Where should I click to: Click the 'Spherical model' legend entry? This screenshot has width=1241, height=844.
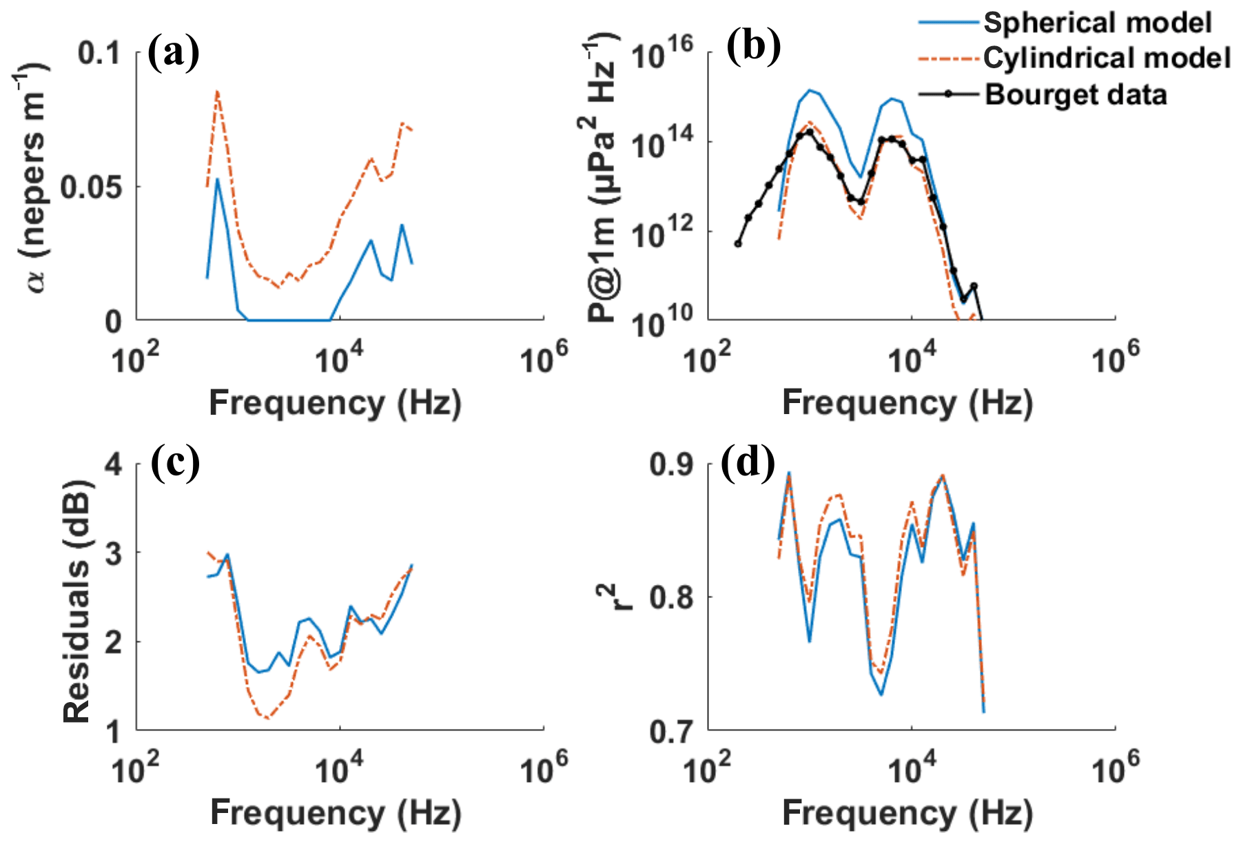pos(1097,23)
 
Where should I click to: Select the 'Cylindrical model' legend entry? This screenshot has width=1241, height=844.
pos(1107,58)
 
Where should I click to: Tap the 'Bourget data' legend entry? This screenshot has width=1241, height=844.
pos(1076,94)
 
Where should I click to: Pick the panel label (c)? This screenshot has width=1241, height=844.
pos(175,462)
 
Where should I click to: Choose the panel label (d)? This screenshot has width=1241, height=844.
pos(748,462)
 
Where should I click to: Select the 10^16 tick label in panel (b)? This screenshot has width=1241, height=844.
pos(661,54)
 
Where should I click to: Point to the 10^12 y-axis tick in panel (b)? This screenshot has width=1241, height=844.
pos(661,234)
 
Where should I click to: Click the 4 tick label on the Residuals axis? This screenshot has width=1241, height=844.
pos(114,464)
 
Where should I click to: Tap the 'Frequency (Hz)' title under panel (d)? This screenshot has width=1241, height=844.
pos(907,813)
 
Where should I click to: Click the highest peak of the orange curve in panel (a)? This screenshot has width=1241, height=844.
pos(217,92)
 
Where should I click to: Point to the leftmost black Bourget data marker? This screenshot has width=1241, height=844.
pos(738,243)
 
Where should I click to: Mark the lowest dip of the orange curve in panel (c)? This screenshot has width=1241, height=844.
pos(267,719)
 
